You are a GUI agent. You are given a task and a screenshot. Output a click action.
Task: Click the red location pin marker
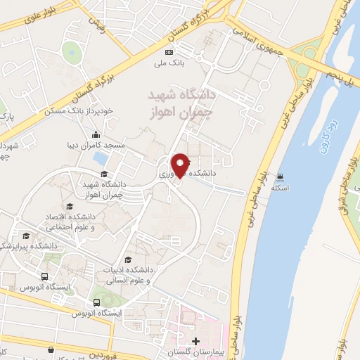(180, 165)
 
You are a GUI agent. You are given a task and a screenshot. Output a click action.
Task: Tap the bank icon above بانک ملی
(168, 52)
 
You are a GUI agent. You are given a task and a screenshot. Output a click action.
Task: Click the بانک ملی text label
(169, 63)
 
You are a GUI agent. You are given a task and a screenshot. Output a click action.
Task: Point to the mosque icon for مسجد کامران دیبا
(95, 135)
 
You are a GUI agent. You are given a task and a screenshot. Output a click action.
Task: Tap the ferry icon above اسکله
(281, 176)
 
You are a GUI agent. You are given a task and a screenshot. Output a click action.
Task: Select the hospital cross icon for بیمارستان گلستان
(195, 341)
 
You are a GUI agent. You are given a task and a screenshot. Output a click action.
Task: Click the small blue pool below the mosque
(101, 157)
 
